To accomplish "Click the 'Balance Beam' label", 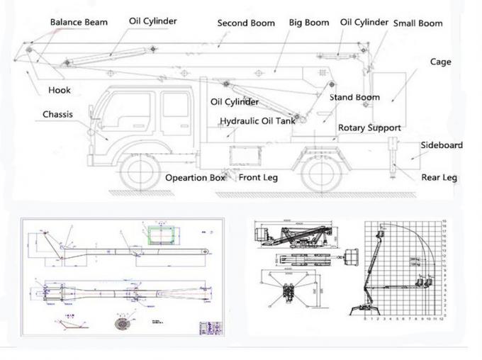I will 79,22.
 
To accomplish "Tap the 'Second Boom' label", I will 246,23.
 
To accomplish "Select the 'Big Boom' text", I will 309,23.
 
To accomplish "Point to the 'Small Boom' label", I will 417,23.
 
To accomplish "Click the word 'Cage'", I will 440,62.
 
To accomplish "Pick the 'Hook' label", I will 59,90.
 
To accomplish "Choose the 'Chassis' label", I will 57,114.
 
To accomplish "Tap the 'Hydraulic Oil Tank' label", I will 257,121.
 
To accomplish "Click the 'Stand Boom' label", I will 354,97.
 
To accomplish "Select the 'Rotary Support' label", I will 369,128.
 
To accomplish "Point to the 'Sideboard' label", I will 442,145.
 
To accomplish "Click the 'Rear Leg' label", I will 439,177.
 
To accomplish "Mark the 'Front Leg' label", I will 258,178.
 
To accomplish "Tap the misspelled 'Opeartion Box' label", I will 195,178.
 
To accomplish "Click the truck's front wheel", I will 140,171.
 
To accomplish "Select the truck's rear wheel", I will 320,171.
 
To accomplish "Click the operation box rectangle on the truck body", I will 244,155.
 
